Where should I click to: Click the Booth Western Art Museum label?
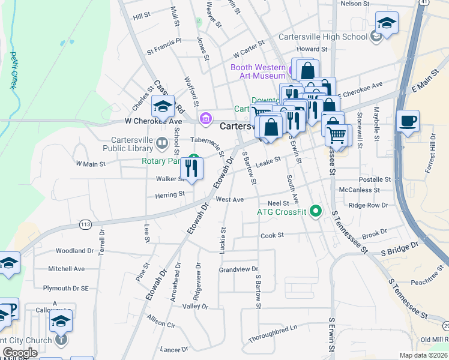258,71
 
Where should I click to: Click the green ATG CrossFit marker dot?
317,211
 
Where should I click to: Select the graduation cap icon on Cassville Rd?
162,106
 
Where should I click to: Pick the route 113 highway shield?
85,224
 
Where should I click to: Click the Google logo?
19,352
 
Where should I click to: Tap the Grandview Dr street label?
238,269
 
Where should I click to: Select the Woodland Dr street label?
75,251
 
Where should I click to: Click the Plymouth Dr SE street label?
68,288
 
